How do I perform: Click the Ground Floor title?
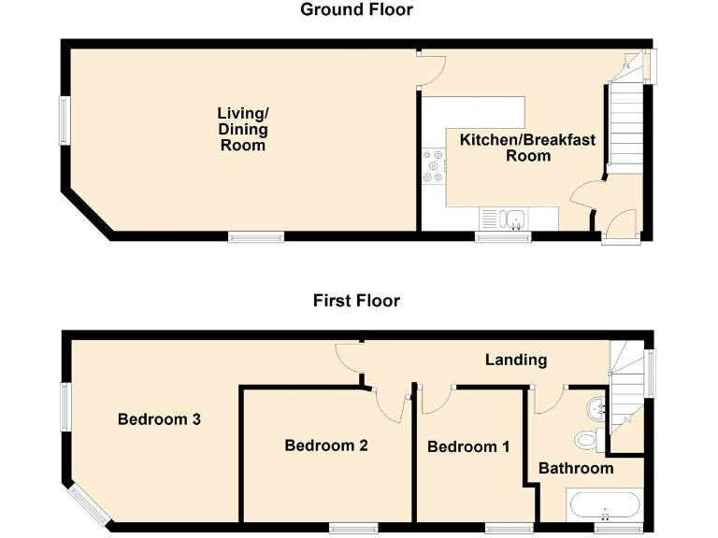coord(356,10)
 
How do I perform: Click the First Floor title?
coord(356,301)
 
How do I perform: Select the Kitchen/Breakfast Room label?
coord(527,148)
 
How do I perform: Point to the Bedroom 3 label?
coord(159,419)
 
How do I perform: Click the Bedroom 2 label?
coord(326,446)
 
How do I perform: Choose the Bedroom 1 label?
coord(468,447)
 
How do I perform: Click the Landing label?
coord(516,360)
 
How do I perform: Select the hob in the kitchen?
coord(434,164)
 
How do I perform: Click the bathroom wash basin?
coord(599,408)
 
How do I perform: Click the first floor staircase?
coord(625,388)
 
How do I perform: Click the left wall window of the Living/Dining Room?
coord(65,120)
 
